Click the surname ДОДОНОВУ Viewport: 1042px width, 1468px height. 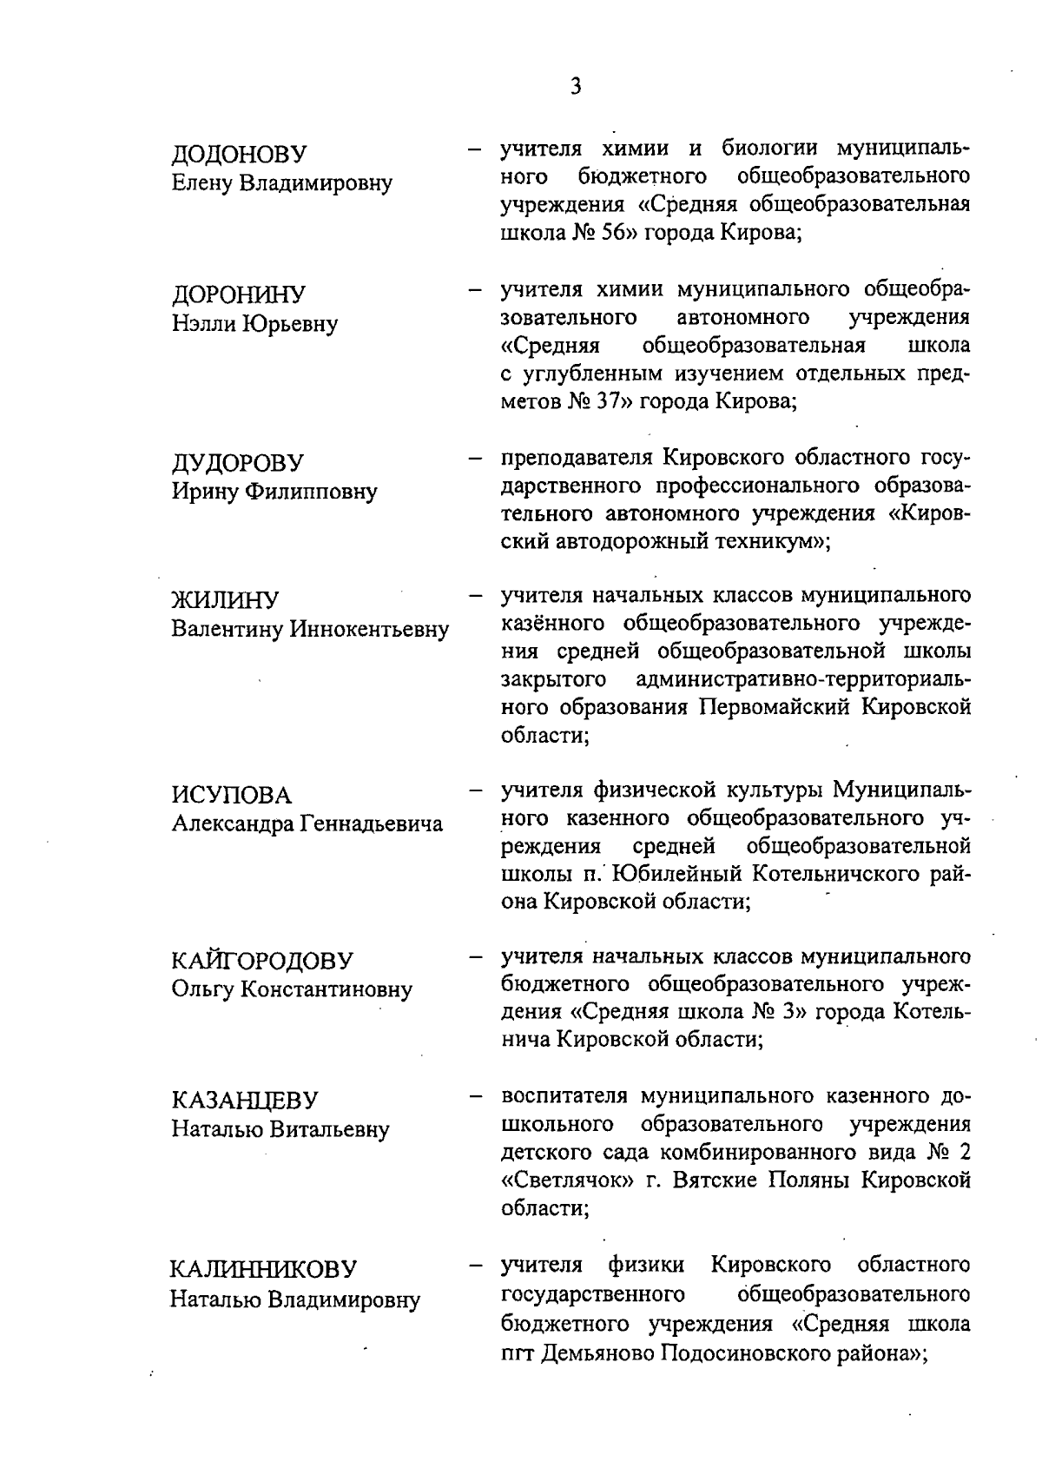click(239, 155)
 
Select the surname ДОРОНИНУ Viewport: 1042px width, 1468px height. click(238, 295)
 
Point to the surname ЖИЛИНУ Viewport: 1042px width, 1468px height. click(225, 600)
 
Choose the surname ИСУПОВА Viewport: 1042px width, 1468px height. click(231, 795)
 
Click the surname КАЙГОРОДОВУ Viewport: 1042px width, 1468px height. click(262, 961)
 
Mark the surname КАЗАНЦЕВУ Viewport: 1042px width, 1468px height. click(245, 1101)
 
